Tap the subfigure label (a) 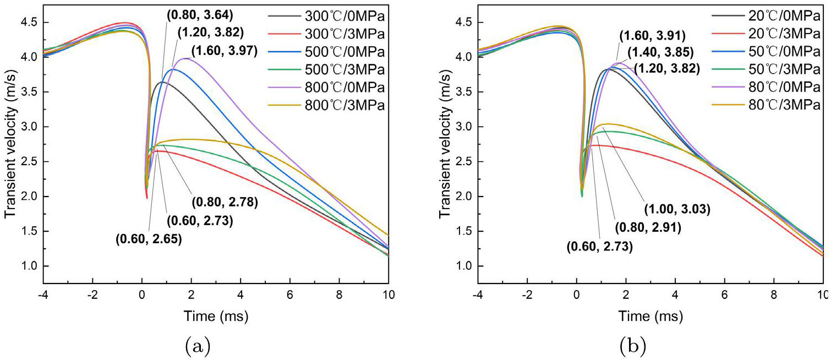pos(197,346)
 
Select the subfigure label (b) pos(632,346)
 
